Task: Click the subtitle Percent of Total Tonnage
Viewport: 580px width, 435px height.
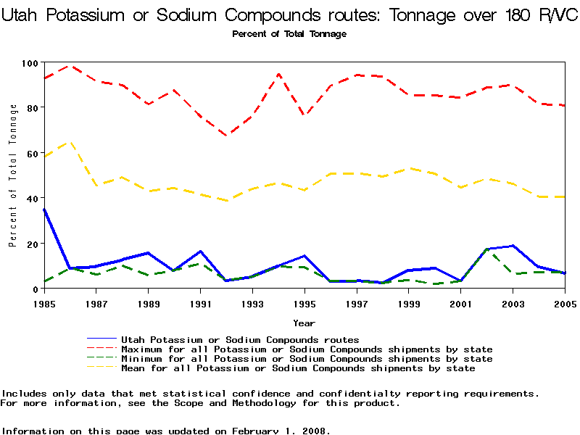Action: (289, 34)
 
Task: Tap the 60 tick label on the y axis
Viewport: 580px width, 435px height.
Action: (30, 154)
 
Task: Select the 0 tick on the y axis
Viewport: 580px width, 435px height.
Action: (34, 289)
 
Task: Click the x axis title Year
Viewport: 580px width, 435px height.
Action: (304, 323)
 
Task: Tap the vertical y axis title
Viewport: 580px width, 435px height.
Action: (13, 175)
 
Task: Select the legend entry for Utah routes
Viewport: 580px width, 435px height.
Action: (239, 339)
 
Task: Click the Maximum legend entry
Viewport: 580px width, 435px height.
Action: (306, 349)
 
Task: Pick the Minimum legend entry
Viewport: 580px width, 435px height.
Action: (306, 359)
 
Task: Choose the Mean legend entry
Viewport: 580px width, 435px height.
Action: (297, 368)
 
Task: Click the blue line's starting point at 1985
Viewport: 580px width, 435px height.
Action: (44, 209)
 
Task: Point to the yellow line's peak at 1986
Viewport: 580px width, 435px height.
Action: (70, 142)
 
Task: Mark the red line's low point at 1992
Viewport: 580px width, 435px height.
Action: (226, 135)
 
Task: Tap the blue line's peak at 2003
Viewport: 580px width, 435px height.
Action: (513, 246)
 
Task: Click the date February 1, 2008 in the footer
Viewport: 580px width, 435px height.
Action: (282, 431)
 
